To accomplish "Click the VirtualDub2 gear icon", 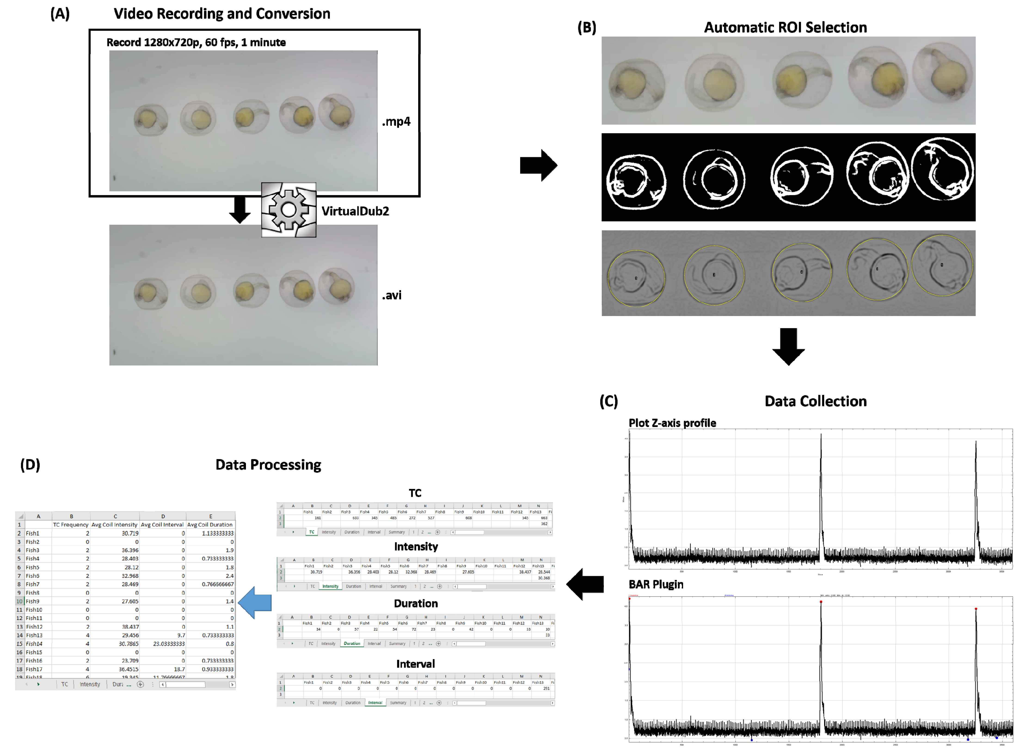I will (x=289, y=210).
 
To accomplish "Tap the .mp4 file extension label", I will (x=396, y=122).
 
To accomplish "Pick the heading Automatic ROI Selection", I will (x=785, y=28).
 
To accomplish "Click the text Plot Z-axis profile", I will (x=672, y=423).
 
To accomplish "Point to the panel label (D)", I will (x=30, y=465).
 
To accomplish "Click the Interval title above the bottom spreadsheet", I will (x=415, y=664).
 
